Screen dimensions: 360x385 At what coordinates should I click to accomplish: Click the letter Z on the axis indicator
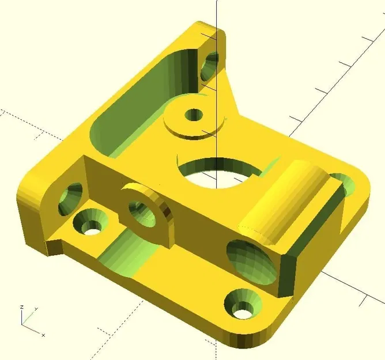22,307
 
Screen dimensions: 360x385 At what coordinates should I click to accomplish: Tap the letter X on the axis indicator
43,335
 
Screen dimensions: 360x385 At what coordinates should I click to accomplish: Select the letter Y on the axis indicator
36,309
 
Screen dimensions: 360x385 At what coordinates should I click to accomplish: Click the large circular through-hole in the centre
218,173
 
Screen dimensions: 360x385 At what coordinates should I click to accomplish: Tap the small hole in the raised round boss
194,115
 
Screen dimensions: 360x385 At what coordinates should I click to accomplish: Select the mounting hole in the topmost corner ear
210,64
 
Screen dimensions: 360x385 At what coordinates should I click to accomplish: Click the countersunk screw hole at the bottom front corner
242,305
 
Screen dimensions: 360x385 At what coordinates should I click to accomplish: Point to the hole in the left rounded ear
70,198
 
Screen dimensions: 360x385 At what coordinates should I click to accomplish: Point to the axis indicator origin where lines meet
24,324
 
